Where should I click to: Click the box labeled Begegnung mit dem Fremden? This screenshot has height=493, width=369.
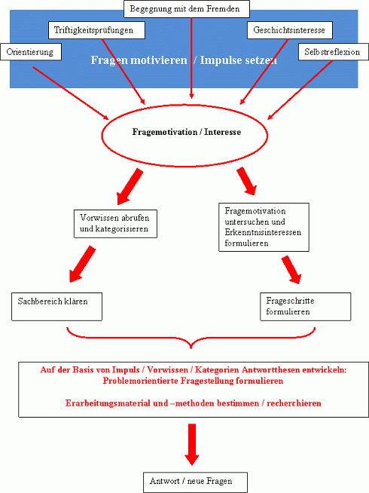click(186, 10)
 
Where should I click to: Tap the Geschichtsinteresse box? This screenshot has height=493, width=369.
click(289, 31)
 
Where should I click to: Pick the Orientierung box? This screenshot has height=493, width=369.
click(30, 52)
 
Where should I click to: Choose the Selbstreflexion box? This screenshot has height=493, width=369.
click(332, 52)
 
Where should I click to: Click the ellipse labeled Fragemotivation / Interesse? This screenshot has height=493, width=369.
click(184, 131)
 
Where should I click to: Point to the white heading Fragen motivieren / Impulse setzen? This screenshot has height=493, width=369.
click(184, 60)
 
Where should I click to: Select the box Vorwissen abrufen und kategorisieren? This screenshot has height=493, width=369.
click(115, 222)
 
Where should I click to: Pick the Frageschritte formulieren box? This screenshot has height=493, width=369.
click(305, 305)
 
